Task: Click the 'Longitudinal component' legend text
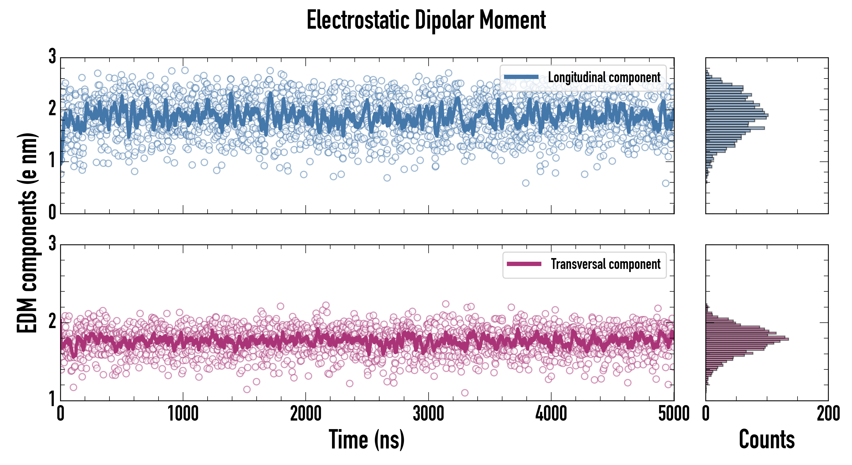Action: point(604,78)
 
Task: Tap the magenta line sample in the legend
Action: point(524,264)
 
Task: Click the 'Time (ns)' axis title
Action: point(366,439)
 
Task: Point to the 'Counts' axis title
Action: point(767,439)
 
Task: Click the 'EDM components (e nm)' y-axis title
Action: point(27,233)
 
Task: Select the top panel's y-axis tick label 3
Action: point(52,57)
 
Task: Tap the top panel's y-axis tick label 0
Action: point(52,212)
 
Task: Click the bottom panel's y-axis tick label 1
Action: point(52,398)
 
